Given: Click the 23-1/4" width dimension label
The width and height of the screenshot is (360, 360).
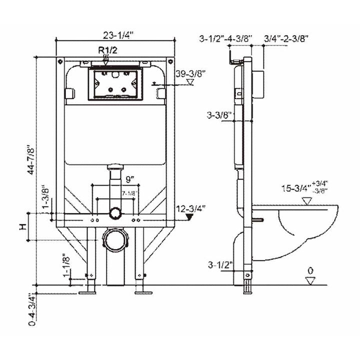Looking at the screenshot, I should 116,35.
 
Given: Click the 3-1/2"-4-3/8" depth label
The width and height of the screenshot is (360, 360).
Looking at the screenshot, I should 226,37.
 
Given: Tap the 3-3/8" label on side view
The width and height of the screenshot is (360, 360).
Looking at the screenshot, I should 220,115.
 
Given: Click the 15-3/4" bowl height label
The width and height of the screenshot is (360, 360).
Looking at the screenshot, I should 294,189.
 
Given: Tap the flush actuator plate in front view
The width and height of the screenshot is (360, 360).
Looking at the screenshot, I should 114,83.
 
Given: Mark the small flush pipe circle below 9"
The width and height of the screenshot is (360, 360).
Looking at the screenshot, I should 115,213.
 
